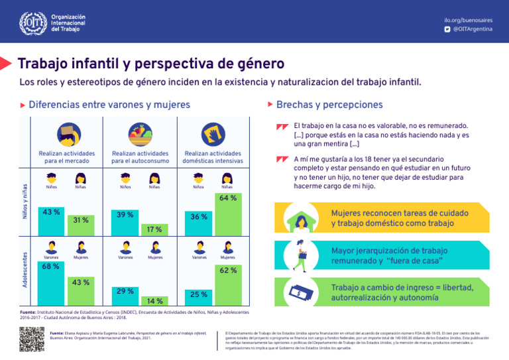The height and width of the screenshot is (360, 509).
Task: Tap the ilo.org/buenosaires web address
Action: [x=468, y=20]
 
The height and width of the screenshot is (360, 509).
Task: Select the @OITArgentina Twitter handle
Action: [x=472, y=30]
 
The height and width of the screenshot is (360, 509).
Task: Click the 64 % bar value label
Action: [x=228, y=198]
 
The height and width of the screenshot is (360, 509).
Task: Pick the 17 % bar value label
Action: [x=154, y=229]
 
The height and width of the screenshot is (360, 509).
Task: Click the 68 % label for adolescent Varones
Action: [x=51, y=267]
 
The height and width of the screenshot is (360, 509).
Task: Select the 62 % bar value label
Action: [x=228, y=270]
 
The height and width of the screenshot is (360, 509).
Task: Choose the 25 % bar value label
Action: [x=199, y=294]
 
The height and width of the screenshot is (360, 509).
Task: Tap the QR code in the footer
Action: [x=32, y=339]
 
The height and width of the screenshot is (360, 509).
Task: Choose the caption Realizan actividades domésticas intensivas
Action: [x=213, y=157]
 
